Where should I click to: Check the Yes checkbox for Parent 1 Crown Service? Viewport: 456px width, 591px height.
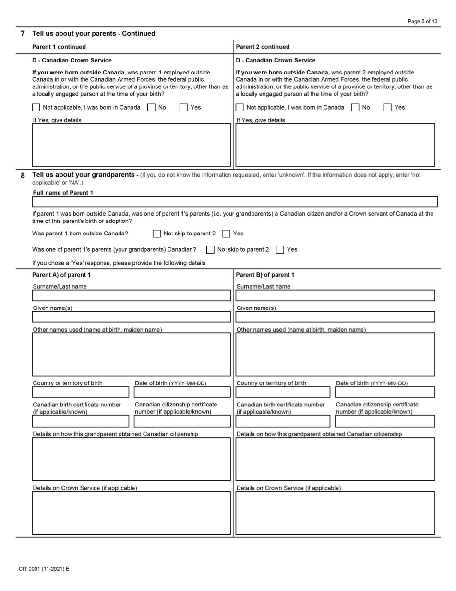pyautogui.click(x=183, y=108)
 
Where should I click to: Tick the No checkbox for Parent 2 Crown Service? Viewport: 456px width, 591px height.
pyautogui.click(x=355, y=108)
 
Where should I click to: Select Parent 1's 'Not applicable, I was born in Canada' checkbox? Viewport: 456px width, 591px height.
pyautogui.click(x=36, y=108)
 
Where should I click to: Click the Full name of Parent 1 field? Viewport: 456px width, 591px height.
pyautogui.click(x=235, y=201)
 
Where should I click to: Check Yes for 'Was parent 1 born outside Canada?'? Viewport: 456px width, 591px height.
pyautogui.click(x=227, y=234)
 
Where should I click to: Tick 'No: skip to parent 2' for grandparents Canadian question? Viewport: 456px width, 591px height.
pyautogui.click(x=210, y=250)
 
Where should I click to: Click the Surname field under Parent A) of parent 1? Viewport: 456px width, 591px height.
pyautogui.click(x=131, y=295)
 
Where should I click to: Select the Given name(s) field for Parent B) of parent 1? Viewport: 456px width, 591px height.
pyautogui.click(x=335, y=317)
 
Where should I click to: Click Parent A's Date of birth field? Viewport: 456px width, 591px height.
pyautogui.click(x=182, y=392)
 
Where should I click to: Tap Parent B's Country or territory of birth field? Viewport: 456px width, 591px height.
pyautogui.click(x=283, y=392)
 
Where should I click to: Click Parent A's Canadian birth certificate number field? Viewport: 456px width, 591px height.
pyautogui.click(x=81, y=421)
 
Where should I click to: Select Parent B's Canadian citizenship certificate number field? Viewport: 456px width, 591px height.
pyautogui.click(x=385, y=421)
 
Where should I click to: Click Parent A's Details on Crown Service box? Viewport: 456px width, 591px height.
pyautogui.click(x=131, y=513)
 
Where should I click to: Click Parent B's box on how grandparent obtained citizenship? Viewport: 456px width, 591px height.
pyautogui.click(x=335, y=459)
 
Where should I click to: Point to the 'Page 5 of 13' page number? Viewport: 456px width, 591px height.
pyautogui.click(x=422, y=21)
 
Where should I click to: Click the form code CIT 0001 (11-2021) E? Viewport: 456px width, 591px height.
pyautogui.click(x=44, y=569)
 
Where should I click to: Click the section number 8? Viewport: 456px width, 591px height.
pyautogui.click(x=23, y=176)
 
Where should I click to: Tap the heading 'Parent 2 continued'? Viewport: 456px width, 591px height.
pyautogui.click(x=263, y=47)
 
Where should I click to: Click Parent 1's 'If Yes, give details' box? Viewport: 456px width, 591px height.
pyautogui.click(x=131, y=145)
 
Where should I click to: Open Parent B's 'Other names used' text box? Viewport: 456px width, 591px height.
pyautogui.click(x=335, y=355)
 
